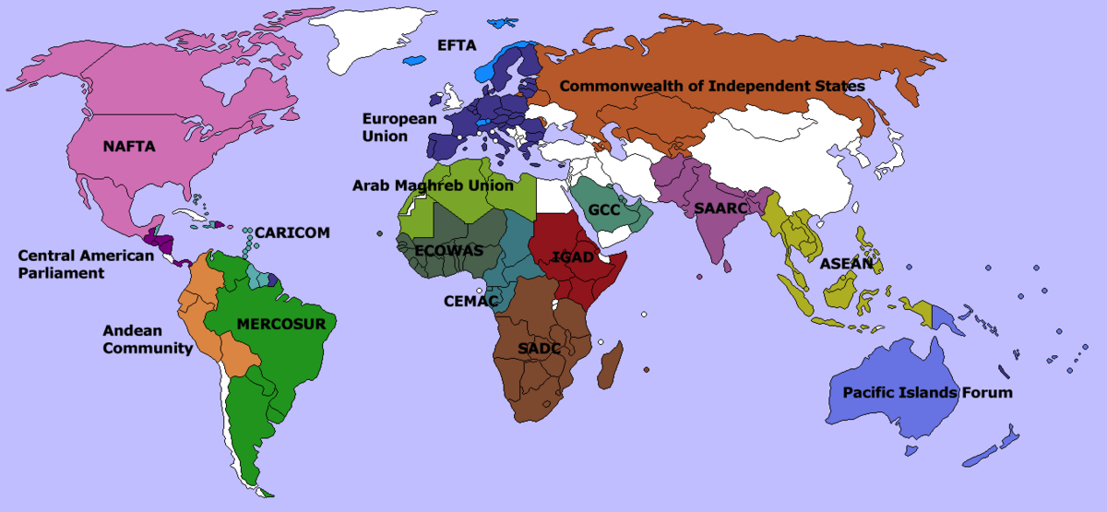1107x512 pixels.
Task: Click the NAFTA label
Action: (x=129, y=147)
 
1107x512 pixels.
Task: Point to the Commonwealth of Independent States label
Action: (x=712, y=86)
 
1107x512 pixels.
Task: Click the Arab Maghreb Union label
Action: (x=433, y=185)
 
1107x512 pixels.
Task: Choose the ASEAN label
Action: (x=846, y=264)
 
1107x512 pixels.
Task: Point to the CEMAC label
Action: (x=470, y=301)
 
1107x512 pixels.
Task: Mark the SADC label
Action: (x=539, y=349)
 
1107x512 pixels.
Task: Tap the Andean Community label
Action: (x=148, y=339)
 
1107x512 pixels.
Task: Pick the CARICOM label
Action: (x=292, y=232)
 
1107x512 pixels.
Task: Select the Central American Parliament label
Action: (x=86, y=264)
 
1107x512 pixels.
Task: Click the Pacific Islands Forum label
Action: (x=927, y=393)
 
